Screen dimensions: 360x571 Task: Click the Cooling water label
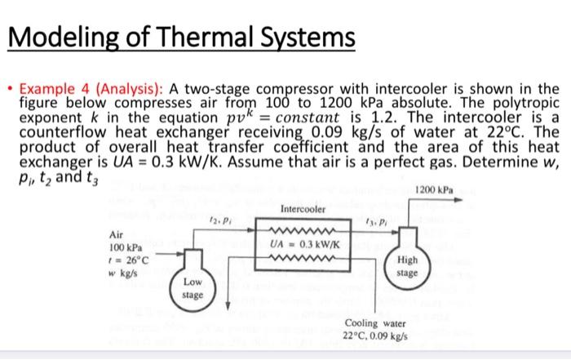(374, 323)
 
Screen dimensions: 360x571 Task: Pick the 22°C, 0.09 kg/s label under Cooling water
(374, 336)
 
